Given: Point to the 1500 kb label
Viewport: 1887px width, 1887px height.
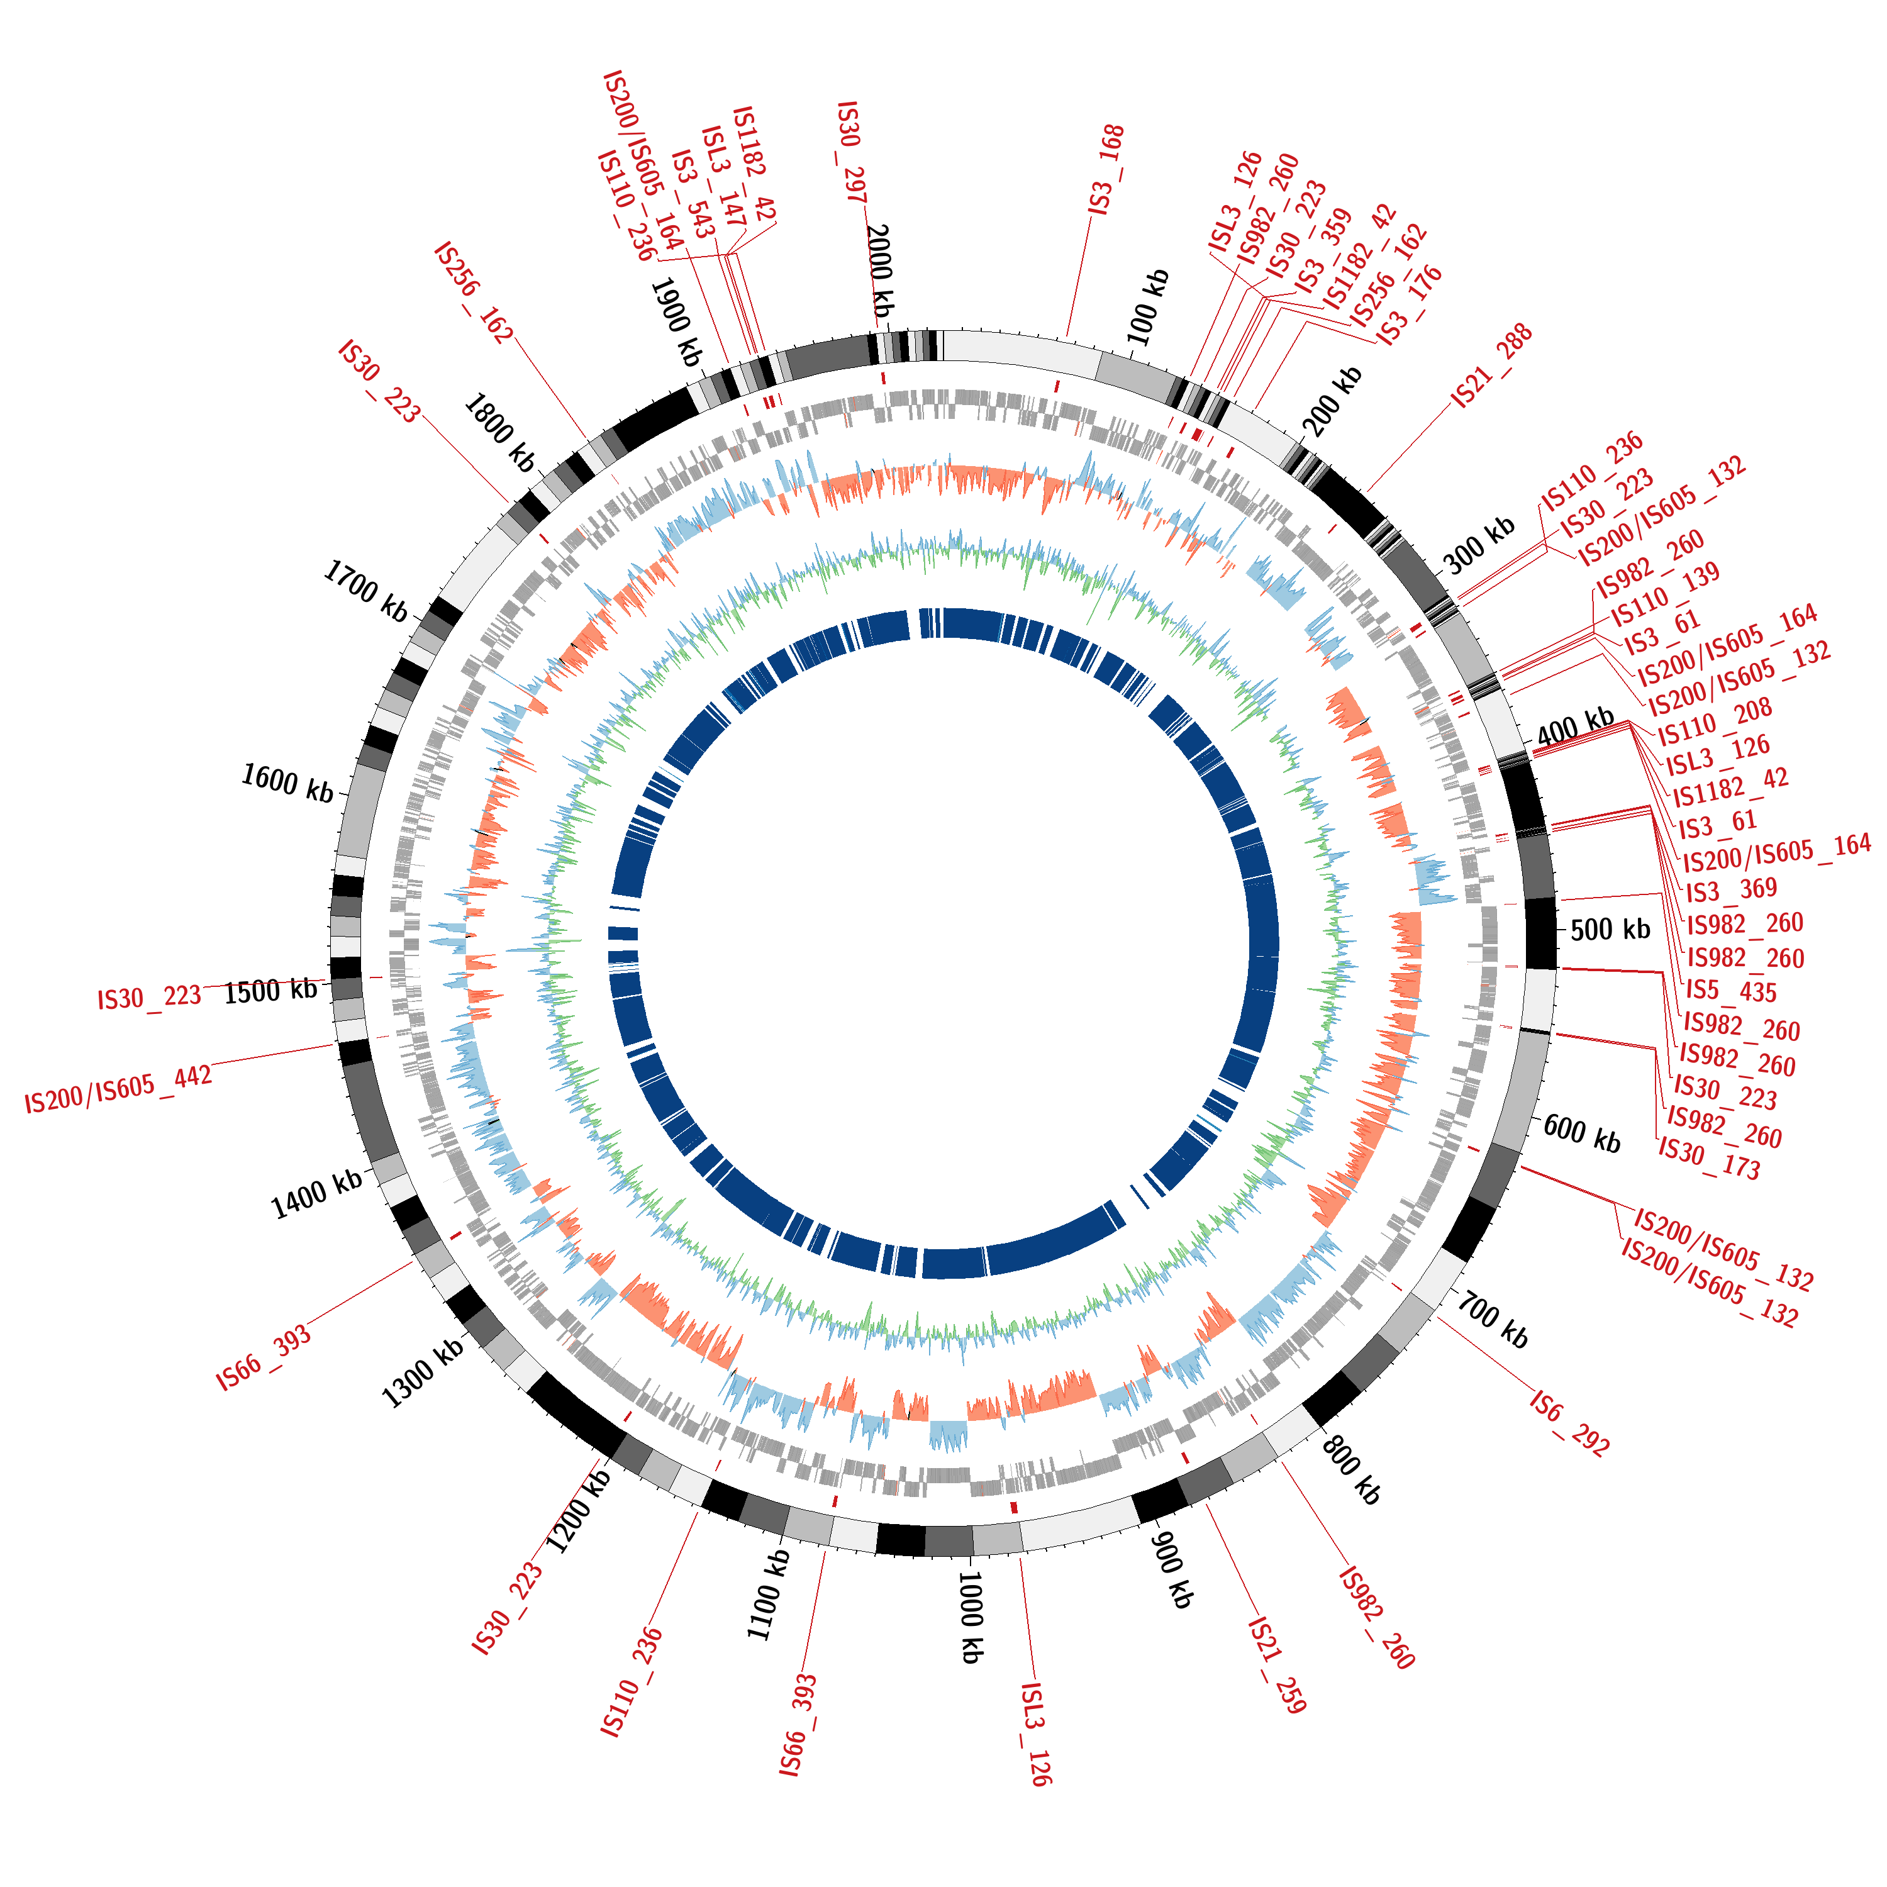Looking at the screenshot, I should click(270, 991).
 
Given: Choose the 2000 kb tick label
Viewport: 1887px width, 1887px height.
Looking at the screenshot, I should click(879, 270).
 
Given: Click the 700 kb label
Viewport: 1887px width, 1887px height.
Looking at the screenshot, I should click(1493, 1318).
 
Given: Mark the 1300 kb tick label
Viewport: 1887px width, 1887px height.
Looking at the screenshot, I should click(422, 1373).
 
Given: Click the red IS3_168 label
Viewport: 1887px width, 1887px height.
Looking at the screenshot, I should click(1106, 170).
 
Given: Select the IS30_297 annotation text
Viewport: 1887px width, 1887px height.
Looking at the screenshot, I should click(850, 152).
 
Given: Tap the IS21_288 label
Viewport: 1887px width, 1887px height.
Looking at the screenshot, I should click(1491, 365).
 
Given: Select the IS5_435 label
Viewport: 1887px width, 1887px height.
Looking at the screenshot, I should click(1732, 991).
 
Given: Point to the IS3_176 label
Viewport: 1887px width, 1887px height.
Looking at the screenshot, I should click(1410, 304).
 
